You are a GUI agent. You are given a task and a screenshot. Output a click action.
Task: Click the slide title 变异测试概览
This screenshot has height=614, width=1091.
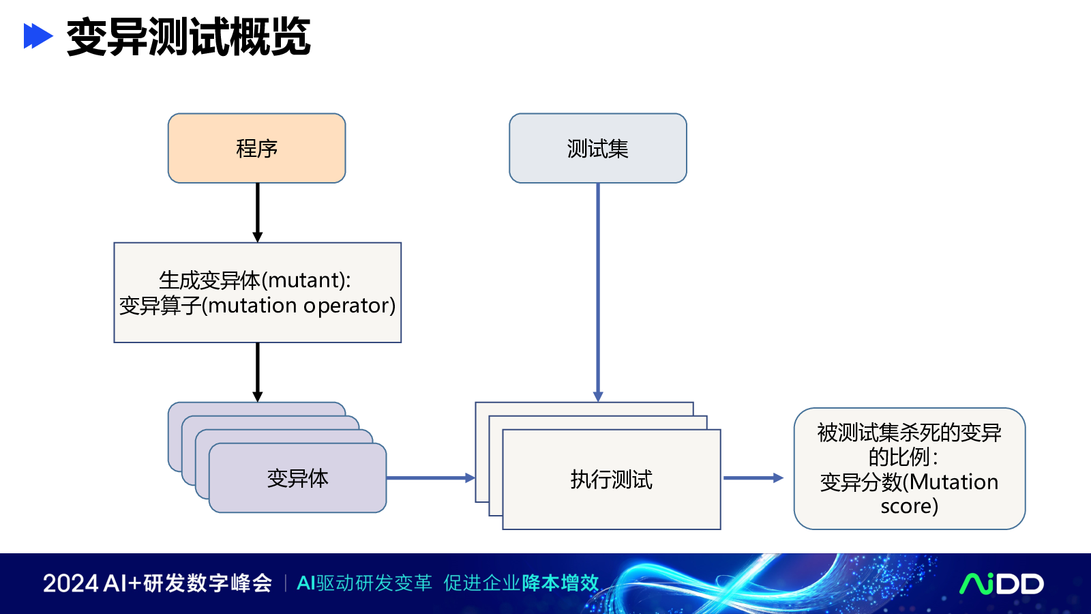pyautogui.click(x=188, y=37)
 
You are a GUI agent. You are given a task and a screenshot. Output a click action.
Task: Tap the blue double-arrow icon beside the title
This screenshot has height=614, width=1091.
pyautogui.click(x=38, y=36)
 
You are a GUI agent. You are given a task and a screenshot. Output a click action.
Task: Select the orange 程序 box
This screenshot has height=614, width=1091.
pyautogui.click(x=256, y=148)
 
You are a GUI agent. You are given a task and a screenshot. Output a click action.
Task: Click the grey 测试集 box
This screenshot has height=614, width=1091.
pyautogui.click(x=598, y=148)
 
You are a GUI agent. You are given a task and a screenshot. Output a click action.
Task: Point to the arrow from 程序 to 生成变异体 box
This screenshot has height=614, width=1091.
pyautogui.click(x=258, y=213)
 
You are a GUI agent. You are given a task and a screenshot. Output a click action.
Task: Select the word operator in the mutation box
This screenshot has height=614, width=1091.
pyautogui.click(x=346, y=306)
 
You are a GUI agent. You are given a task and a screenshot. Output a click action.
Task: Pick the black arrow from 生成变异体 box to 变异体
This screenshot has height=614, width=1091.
pyautogui.click(x=258, y=372)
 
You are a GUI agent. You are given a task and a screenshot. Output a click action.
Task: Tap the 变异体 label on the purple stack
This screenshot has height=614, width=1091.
pyautogui.click(x=297, y=478)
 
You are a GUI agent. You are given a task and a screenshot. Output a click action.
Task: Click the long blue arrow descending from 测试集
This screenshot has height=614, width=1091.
pyautogui.click(x=598, y=293)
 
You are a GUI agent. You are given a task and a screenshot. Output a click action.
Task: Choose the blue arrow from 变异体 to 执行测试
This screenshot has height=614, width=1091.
pyautogui.click(x=430, y=478)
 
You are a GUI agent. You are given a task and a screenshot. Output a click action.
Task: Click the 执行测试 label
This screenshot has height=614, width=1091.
pyautogui.click(x=611, y=480)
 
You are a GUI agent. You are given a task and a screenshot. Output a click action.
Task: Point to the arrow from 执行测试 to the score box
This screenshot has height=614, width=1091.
pyautogui.click(x=753, y=478)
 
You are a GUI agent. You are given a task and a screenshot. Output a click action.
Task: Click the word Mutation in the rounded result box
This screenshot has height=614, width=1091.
pyautogui.click(x=954, y=482)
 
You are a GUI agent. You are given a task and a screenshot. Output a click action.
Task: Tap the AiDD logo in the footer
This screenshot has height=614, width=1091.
pyautogui.click(x=1002, y=584)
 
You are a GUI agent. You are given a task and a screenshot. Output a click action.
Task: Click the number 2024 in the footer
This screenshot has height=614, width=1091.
pyautogui.click(x=71, y=583)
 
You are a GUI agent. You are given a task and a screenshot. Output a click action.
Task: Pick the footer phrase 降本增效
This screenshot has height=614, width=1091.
pyautogui.click(x=560, y=583)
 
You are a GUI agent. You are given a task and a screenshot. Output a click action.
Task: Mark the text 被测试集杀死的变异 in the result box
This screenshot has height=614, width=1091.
pyautogui.click(x=910, y=433)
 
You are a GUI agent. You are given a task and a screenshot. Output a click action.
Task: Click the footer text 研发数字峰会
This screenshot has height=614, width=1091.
pyautogui.click(x=207, y=583)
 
